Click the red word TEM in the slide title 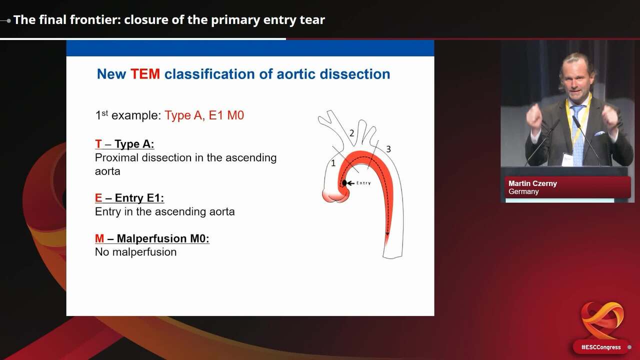point(145,74)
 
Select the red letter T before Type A point(98,144)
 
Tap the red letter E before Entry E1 point(98,198)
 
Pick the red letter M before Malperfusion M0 point(99,238)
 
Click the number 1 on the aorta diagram point(333,163)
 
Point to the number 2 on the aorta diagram point(351,133)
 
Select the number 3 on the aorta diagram point(388,149)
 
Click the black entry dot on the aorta point(344,183)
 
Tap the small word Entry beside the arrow point(363,183)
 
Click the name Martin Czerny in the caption point(532,183)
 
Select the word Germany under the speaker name point(523,191)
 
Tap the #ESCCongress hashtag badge point(600,347)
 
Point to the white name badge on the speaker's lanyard point(567,159)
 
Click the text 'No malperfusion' point(135,252)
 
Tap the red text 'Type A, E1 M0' point(204,115)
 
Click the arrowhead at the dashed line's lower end point(387,233)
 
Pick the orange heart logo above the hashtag point(602,320)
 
